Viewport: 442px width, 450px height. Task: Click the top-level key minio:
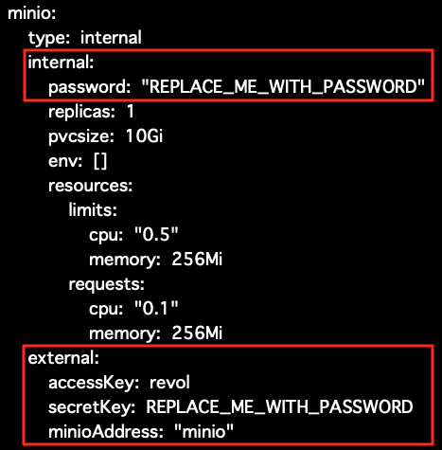tap(32, 13)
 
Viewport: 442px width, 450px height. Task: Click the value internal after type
tap(111, 38)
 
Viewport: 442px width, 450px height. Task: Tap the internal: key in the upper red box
tap(61, 63)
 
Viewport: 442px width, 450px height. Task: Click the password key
tap(89, 87)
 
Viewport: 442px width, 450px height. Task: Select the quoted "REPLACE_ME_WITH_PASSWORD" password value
tap(283, 86)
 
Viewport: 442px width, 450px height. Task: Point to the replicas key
tap(81, 112)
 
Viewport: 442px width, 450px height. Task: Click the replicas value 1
tap(131, 112)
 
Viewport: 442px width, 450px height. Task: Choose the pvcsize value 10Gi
tap(144, 136)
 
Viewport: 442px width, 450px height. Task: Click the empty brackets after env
tap(100, 161)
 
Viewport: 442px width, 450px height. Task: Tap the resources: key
tap(91, 186)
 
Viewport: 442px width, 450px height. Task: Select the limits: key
tap(93, 210)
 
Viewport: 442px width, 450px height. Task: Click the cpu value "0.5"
tap(156, 234)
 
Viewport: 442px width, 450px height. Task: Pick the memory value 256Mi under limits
tap(197, 260)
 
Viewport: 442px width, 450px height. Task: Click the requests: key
tap(107, 285)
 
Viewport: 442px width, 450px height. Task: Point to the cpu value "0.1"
tap(156, 308)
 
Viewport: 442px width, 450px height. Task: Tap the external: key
tap(63, 358)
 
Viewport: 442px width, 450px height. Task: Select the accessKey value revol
tap(169, 383)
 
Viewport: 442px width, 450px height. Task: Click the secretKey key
tap(92, 407)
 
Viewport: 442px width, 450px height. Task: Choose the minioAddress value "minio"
tap(203, 431)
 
